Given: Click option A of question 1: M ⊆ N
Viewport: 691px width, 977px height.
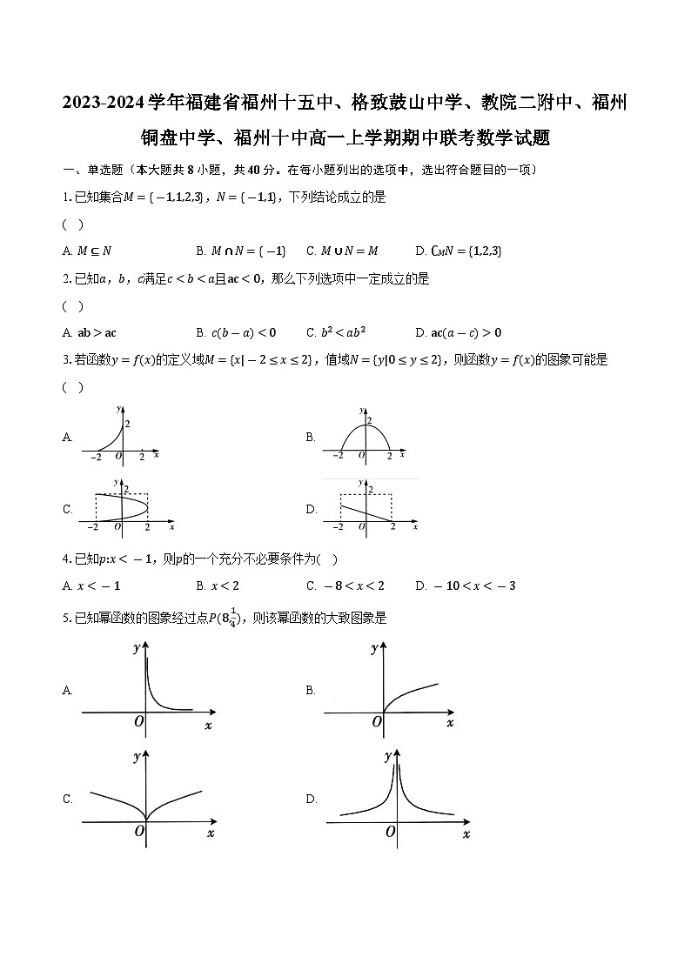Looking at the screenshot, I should (x=94, y=251).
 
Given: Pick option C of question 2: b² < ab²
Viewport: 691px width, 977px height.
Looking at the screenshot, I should (x=342, y=332).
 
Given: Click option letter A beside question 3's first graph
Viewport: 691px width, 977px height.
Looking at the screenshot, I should (x=67, y=438).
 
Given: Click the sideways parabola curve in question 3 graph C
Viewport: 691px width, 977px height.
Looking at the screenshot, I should (x=131, y=506).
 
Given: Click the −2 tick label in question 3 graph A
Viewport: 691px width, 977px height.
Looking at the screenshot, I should (x=96, y=458).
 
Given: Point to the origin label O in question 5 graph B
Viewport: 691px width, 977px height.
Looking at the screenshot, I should (x=378, y=721).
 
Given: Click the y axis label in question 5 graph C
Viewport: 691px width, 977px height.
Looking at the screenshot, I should (x=137, y=757).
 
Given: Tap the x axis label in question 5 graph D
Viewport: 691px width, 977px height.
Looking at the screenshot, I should (x=466, y=834).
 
